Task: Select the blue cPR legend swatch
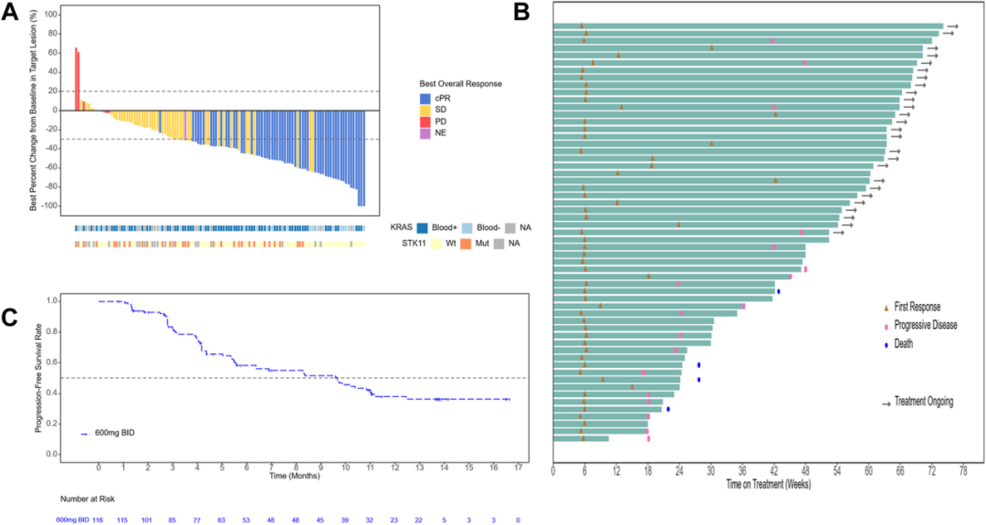coord(425,98)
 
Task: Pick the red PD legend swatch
coord(425,121)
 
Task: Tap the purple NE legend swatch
coord(425,133)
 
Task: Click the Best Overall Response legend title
coord(460,84)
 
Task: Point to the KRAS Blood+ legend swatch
coord(423,228)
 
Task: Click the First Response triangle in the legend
coord(885,307)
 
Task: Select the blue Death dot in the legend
coord(885,344)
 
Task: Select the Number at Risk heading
coord(89,499)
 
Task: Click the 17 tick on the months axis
coord(518,467)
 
